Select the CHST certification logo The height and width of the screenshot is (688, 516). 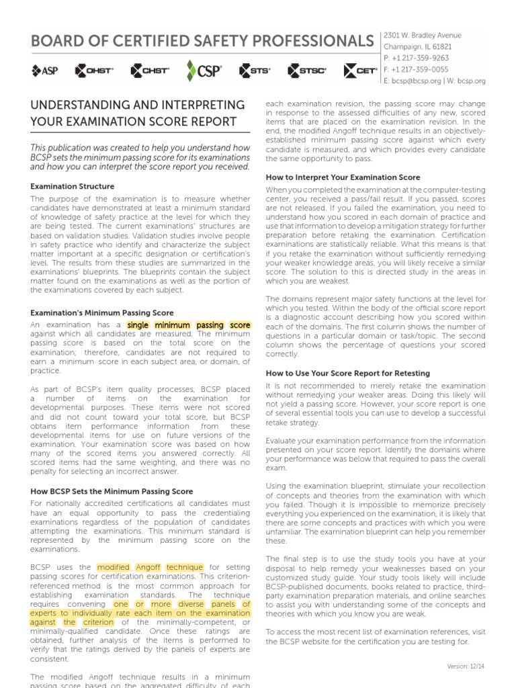(150, 70)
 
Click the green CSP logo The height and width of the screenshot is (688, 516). (204, 70)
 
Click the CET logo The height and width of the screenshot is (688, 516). (360, 70)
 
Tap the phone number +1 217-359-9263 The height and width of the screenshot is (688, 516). (417, 58)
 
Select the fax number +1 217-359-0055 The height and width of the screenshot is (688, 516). (417, 69)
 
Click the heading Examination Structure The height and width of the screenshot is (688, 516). (73, 186)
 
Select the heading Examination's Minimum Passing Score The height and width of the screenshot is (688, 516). (102, 313)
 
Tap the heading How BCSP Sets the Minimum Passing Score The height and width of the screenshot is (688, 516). (112, 492)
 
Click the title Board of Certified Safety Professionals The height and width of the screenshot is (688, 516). (202, 40)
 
